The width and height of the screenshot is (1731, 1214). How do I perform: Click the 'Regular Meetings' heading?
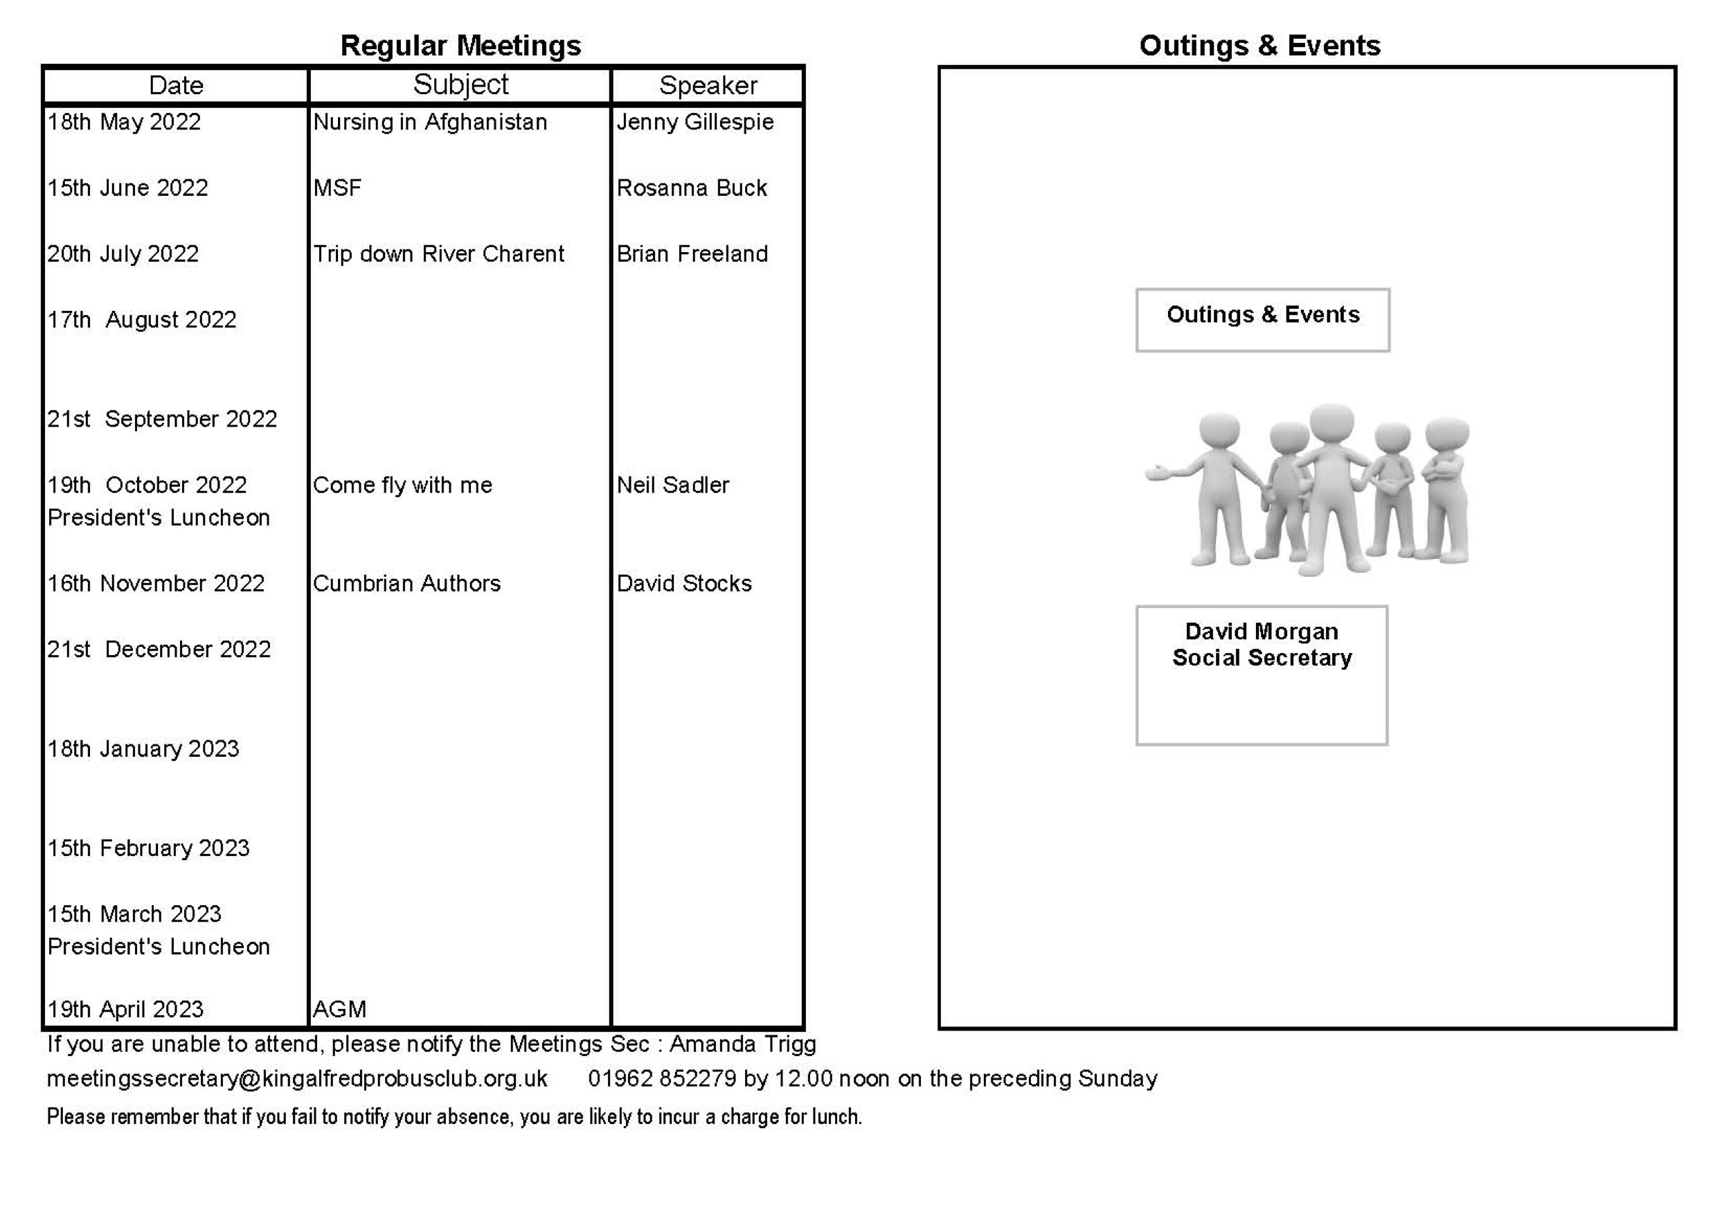click(460, 46)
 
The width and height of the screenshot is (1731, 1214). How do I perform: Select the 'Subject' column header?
click(460, 84)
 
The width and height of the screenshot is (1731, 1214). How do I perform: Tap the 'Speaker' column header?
click(707, 85)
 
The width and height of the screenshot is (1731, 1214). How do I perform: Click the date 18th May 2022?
click(125, 122)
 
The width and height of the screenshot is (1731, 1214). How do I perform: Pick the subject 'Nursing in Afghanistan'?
click(430, 122)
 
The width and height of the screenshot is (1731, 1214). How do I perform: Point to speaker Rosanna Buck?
click(691, 188)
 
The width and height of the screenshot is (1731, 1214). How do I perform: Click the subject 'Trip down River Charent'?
click(438, 254)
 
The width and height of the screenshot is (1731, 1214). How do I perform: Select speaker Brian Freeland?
click(692, 254)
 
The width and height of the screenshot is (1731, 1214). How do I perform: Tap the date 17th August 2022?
click(142, 320)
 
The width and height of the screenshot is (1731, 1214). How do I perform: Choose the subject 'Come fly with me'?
click(402, 485)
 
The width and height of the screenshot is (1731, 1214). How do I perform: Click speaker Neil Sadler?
click(672, 485)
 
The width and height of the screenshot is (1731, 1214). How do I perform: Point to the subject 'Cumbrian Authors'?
click(406, 584)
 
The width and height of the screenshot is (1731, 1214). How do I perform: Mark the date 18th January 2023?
click(143, 749)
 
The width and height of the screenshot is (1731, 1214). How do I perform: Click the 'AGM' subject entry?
click(339, 1009)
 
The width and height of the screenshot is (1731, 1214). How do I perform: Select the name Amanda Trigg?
click(743, 1044)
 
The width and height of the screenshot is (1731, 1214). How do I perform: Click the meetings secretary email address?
click(297, 1078)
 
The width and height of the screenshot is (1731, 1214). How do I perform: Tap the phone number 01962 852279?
click(662, 1078)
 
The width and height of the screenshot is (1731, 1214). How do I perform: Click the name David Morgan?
click(1262, 631)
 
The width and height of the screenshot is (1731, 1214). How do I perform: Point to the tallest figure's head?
click(1331, 425)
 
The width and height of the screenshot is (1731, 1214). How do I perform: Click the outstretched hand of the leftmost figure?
click(1157, 474)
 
